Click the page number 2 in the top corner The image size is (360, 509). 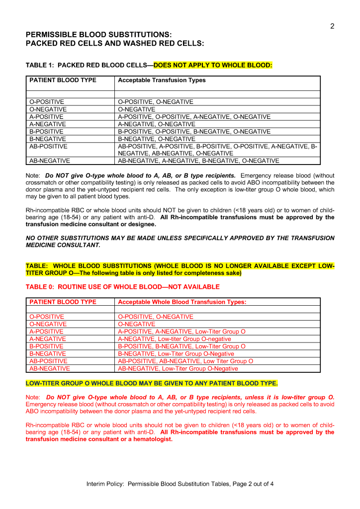[x=332, y=26]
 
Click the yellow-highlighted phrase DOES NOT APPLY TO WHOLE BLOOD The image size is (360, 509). [x=213, y=65]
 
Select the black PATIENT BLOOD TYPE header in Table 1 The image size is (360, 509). [x=63, y=80]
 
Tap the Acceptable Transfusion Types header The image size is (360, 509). [x=162, y=80]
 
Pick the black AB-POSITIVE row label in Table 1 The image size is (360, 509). [x=48, y=147]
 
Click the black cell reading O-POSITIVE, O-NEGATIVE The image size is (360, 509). [x=156, y=102]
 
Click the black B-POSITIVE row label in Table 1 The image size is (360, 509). [x=47, y=132]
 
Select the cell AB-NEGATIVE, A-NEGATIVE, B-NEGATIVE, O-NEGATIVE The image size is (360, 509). [x=198, y=161]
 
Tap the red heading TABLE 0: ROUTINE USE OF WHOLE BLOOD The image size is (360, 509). [x=122, y=287]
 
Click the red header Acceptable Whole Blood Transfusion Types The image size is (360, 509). [x=182, y=302]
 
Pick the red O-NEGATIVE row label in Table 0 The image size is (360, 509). [x=48, y=324]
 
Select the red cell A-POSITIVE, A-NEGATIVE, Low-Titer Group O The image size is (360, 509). [x=181, y=332]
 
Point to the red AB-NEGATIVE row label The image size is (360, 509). [x=49, y=369]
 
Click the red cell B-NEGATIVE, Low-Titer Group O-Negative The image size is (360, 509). [x=176, y=354]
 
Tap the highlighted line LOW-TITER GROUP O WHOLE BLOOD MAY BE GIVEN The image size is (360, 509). [x=152, y=383]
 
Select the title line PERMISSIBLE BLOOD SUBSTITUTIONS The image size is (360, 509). [x=98, y=35]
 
